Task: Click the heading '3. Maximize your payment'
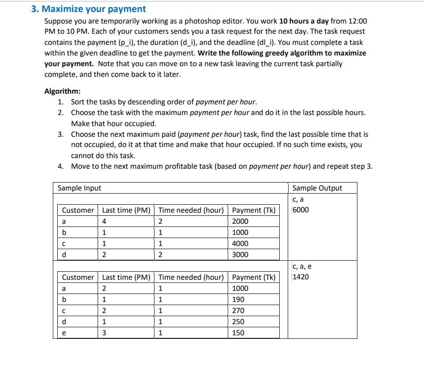[88, 9]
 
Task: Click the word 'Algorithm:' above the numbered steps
[63, 91]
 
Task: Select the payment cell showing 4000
[240, 243]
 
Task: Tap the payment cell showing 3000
[240, 254]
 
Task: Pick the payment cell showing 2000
[240, 221]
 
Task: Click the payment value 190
[238, 299]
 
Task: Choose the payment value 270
[238, 310]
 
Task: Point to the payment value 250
[238, 321]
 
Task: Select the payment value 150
[238, 333]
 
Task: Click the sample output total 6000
[301, 210]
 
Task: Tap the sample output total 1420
[301, 277]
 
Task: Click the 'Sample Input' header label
[79, 188]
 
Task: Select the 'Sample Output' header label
[317, 188]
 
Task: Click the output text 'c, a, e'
[302, 266]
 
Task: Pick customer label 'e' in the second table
[63, 333]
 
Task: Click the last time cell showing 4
[104, 221]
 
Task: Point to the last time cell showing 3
[104, 333]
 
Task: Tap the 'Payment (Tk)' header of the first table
[254, 210]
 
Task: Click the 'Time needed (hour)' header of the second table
[191, 277]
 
